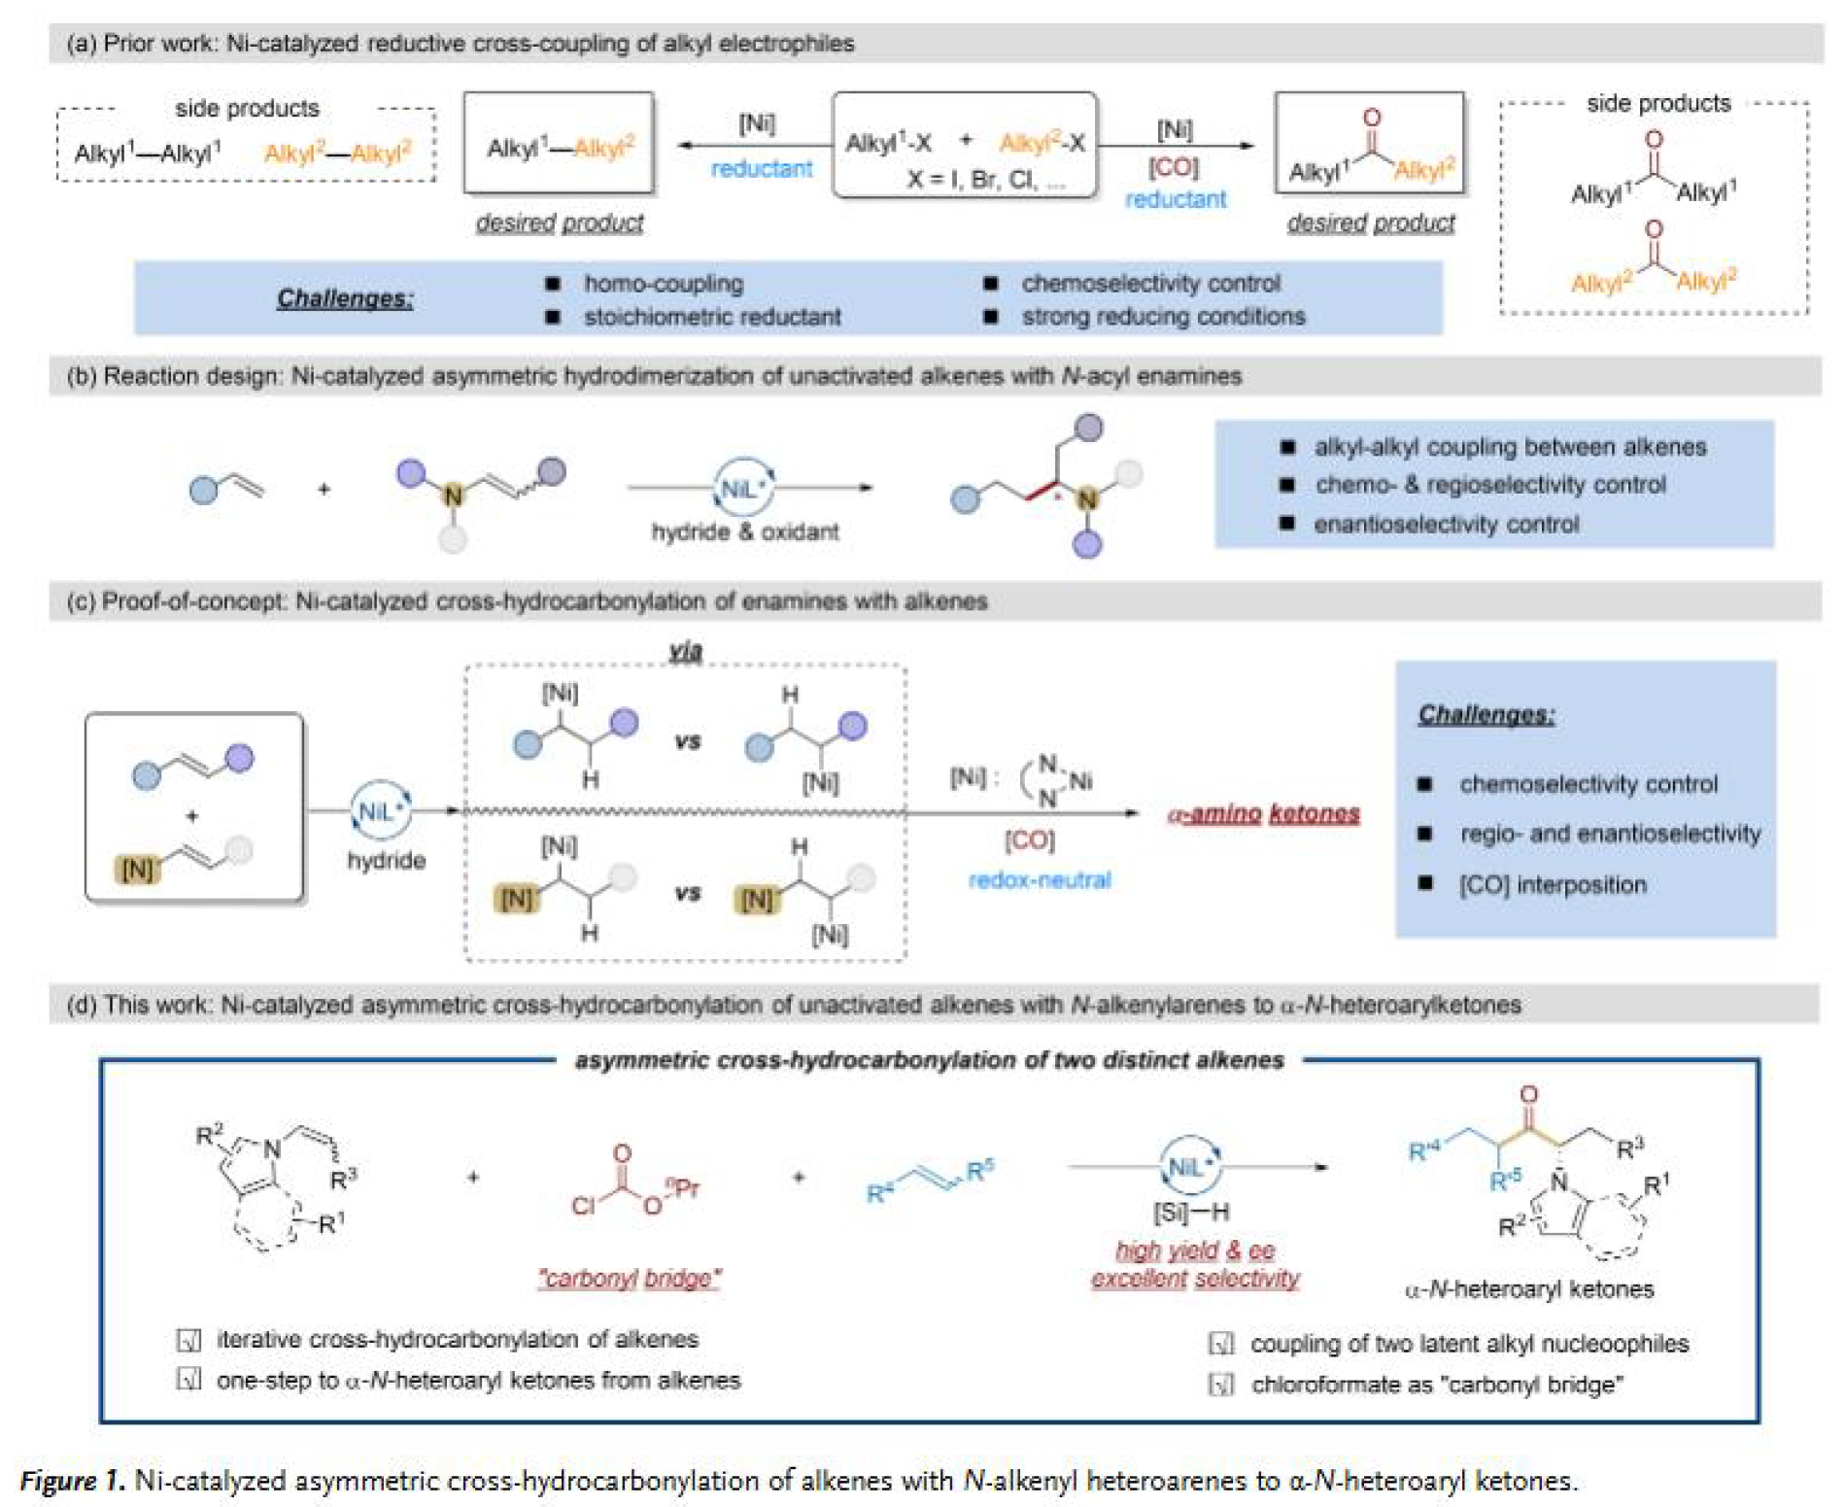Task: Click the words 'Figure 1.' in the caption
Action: coord(72,1480)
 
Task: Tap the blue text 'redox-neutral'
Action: coord(1039,879)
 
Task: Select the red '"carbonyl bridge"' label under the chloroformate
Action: coord(630,1278)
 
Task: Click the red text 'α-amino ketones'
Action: coord(1262,813)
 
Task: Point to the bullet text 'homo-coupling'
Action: coord(663,284)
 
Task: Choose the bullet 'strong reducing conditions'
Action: coord(1162,317)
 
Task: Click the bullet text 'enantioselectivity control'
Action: coord(1446,525)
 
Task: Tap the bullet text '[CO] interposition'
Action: coord(1552,884)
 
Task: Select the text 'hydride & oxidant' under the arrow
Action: coord(744,531)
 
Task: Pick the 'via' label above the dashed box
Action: coord(685,651)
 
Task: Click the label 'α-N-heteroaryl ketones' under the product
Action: coord(1528,1289)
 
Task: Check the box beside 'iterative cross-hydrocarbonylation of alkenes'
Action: coord(188,1340)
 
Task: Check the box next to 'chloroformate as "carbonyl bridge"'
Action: coord(1220,1385)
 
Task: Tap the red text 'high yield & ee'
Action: coord(1194,1250)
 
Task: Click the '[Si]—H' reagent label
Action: coord(1190,1212)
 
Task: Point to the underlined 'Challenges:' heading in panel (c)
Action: coord(1486,714)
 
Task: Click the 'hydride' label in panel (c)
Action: coord(386,860)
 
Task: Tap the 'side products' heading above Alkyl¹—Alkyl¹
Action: coord(247,108)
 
